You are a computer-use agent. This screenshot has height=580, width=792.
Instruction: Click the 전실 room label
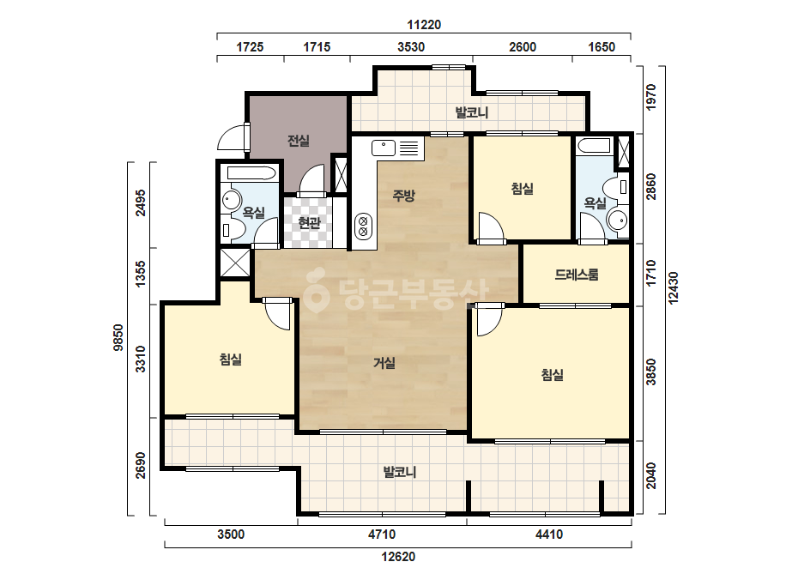(299, 141)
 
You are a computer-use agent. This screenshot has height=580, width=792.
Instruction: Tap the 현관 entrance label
(309, 222)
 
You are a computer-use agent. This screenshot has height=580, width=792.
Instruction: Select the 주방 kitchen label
(403, 195)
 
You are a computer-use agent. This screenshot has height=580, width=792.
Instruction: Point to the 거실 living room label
(384, 363)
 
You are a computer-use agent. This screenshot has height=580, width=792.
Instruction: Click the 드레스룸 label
(577, 275)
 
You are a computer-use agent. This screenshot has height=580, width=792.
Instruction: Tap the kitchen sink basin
(384, 148)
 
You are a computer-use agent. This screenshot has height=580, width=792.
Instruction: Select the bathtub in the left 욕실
(251, 172)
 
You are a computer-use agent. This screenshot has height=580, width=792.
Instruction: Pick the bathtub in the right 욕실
(595, 145)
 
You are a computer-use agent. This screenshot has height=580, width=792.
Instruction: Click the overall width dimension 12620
(398, 557)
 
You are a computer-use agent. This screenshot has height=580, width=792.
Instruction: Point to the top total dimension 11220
(424, 24)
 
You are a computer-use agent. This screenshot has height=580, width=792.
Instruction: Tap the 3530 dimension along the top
(411, 47)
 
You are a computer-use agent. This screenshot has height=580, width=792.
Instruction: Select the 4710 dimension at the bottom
(382, 534)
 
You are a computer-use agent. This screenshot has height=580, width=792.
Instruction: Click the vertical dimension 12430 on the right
(674, 288)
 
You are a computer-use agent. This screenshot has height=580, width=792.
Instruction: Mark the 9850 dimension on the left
(118, 337)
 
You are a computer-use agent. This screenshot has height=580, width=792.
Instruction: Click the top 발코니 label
(472, 112)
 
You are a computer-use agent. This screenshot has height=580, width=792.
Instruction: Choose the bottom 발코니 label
(400, 473)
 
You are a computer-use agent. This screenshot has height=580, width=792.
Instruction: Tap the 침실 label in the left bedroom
(230, 359)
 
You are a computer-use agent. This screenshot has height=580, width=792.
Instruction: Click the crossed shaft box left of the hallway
(235, 263)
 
